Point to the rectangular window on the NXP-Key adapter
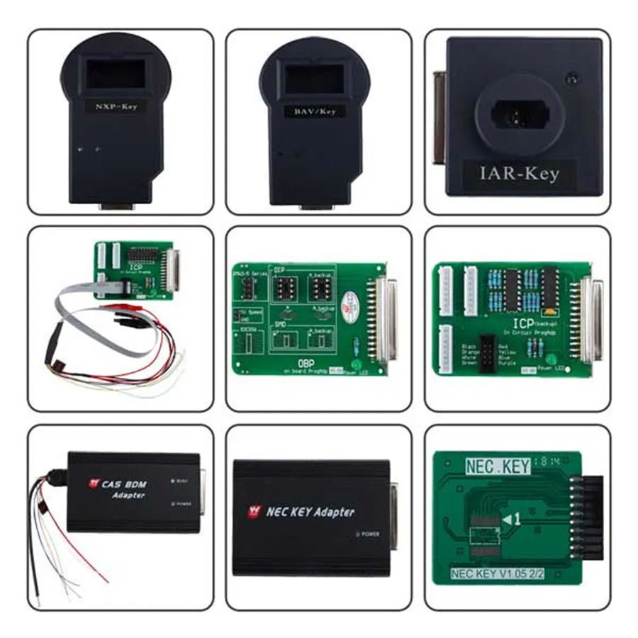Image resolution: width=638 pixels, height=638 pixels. click(x=115, y=74)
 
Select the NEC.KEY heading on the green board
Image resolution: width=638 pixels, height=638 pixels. click(x=498, y=466)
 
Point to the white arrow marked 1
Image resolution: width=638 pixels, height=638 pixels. click(x=511, y=520)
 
